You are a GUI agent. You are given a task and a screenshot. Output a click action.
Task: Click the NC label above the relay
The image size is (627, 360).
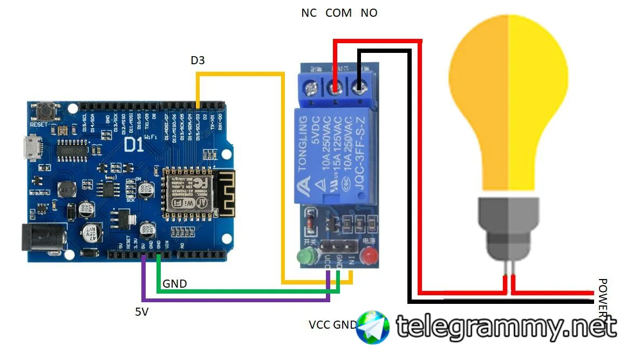tap(309, 13)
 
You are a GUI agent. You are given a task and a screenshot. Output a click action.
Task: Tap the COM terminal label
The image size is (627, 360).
tap(338, 13)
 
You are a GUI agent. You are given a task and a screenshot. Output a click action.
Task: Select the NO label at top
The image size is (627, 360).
tap(369, 13)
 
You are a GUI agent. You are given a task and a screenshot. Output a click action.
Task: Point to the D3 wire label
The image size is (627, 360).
tap(197, 61)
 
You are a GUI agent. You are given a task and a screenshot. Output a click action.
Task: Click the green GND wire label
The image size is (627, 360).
tap(175, 284)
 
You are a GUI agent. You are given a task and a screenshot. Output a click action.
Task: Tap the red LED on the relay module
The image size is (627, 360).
tap(369, 255)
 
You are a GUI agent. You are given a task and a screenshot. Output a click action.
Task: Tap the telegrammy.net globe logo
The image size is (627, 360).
tap(373, 327)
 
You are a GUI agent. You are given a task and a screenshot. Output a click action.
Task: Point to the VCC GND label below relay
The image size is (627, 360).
tap(332, 325)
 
